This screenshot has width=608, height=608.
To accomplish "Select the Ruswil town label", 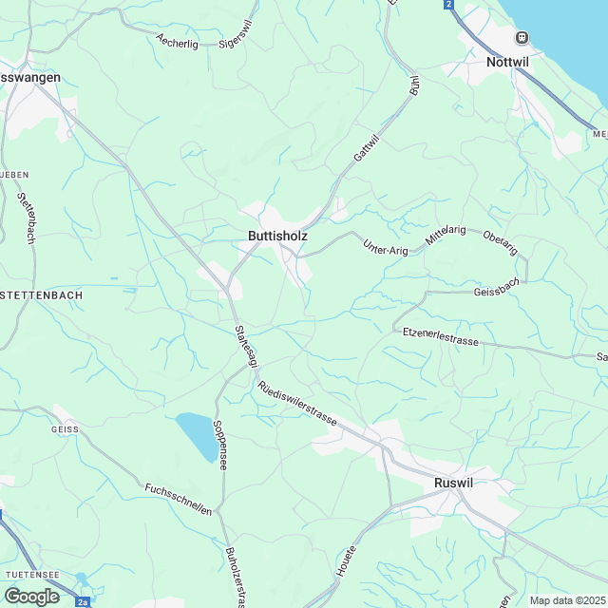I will [x=452, y=483].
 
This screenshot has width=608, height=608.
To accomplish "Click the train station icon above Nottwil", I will [x=521, y=37].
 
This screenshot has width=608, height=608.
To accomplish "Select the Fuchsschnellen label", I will [x=178, y=499].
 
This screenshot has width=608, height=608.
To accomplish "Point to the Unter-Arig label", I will [x=385, y=246].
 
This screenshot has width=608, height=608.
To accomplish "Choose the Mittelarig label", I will [x=446, y=237].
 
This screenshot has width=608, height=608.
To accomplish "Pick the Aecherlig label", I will [x=180, y=42].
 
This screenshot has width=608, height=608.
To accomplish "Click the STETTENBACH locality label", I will [x=43, y=295].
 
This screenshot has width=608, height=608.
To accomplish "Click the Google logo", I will [x=31, y=596].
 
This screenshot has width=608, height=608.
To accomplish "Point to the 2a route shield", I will [x=84, y=601].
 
